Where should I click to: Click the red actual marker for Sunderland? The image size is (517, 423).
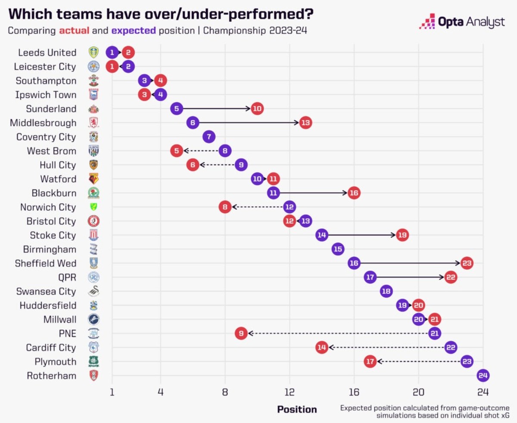(x=257, y=109)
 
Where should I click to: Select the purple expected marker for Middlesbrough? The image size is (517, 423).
(x=193, y=123)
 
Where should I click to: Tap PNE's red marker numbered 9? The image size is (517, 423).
(x=241, y=333)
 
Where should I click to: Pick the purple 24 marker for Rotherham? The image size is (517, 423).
(x=483, y=376)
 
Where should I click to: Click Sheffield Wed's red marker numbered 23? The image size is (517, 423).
(x=467, y=263)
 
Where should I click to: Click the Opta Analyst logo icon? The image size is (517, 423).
(x=427, y=21)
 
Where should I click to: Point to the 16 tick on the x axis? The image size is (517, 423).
(x=354, y=392)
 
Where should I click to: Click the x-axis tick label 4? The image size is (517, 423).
(x=161, y=392)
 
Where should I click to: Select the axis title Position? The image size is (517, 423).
(x=296, y=410)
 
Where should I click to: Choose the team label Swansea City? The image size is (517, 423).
(x=46, y=292)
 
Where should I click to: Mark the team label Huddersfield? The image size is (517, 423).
(x=47, y=305)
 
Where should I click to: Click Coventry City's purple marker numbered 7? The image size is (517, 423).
(x=209, y=137)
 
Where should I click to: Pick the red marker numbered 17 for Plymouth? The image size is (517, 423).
(x=370, y=361)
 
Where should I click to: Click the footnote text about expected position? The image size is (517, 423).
(x=424, y=411)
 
